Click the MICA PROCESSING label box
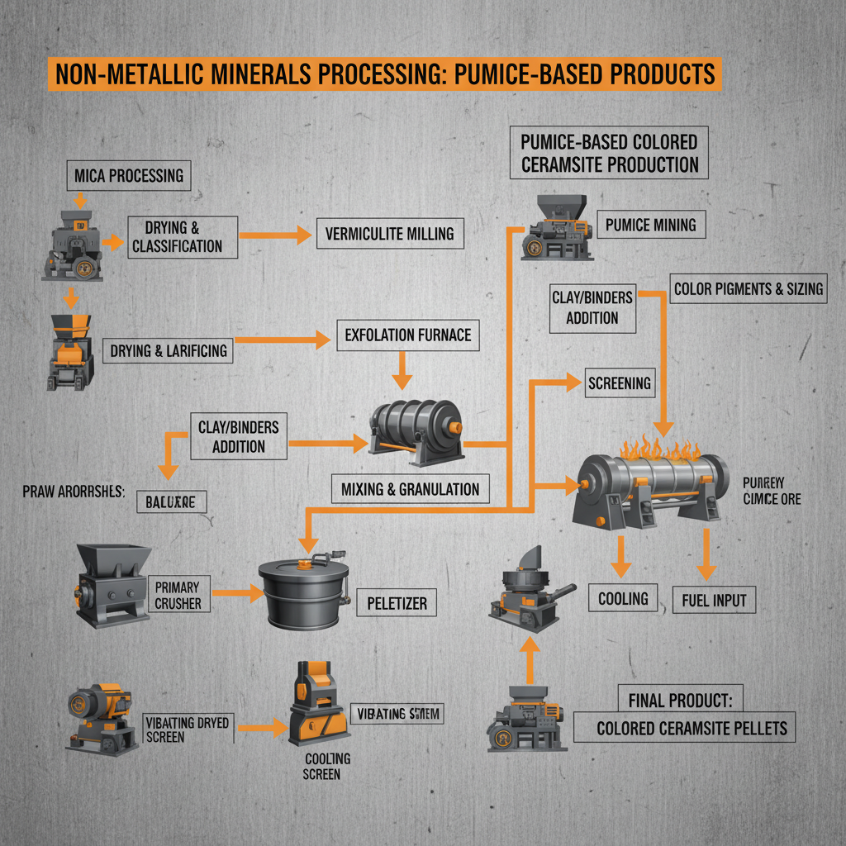[x=128, y=176]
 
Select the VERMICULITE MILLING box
[x=389, y=234]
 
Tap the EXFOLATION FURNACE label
[x=408, y=335]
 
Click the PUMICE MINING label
[x=650, y=225]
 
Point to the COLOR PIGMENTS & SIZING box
[x=749, y=289]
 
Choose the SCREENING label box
[x=619, y=383]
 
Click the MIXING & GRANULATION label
[x=410, y=489]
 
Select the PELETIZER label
[x=397, y=604]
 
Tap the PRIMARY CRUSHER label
[x=178, y=595]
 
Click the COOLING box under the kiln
[x=623, y=597]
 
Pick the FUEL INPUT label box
[x=714, y=600]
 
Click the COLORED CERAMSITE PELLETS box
[x=692, y=729]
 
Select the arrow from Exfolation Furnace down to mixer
[x=402, y=369]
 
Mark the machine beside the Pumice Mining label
[x=555, y=229]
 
